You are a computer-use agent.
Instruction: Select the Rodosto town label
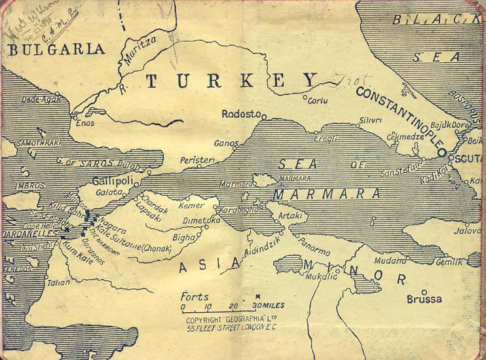241,113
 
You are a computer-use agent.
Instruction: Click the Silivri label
371,120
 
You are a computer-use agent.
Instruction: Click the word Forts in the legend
196,296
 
